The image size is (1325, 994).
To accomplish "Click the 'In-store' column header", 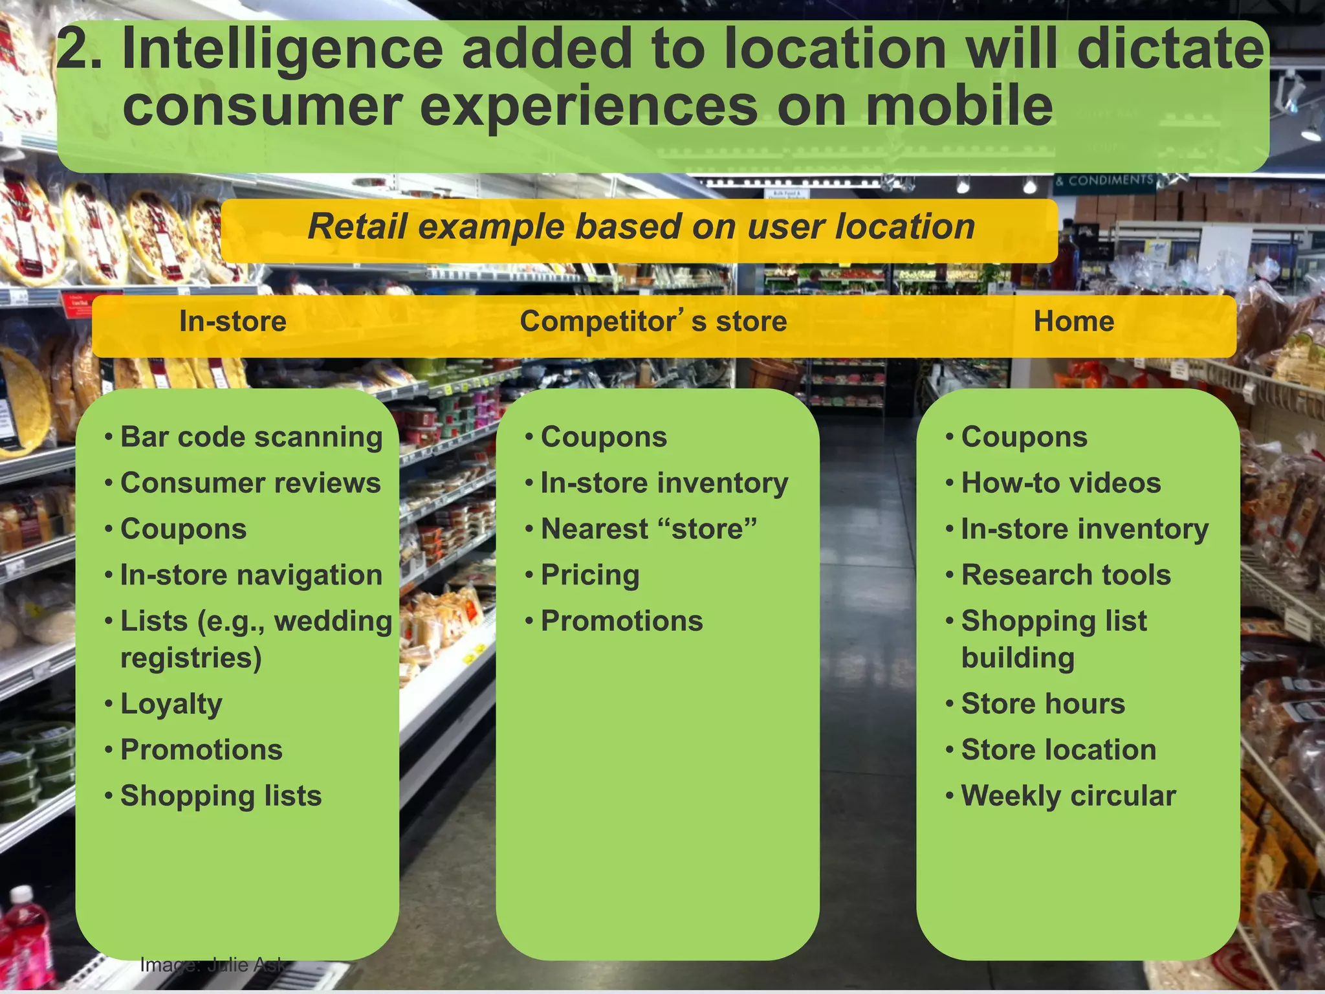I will (x=232, y=322).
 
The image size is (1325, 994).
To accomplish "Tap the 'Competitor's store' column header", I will (x=653, y=322).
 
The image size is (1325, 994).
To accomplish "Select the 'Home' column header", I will (x=1073, y=322).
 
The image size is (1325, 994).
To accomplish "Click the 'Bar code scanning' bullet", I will (x=251, y=437).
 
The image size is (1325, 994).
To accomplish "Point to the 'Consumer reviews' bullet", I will (x=250, y=483).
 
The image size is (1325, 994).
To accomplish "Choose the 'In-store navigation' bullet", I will (x=251, y=575).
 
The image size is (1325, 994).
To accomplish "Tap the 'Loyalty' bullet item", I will (x=171, y=704).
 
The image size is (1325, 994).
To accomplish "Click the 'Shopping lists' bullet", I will (x=221, y=796).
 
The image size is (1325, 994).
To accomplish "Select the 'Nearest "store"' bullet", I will (x=648, y=529).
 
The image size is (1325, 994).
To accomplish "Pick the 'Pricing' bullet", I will (x=590, y=575).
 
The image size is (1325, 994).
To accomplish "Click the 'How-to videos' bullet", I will (x=1061, y=483).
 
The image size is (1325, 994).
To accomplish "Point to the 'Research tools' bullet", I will (x=1066, y=575).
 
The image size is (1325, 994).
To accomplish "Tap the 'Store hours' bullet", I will (x=1043, y=704).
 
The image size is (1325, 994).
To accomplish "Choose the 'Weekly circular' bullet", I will (x=1068, y=796).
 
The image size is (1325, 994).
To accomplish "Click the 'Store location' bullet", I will (x=1058, y=750).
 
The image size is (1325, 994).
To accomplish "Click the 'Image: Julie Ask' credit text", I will (x=212, y=965).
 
